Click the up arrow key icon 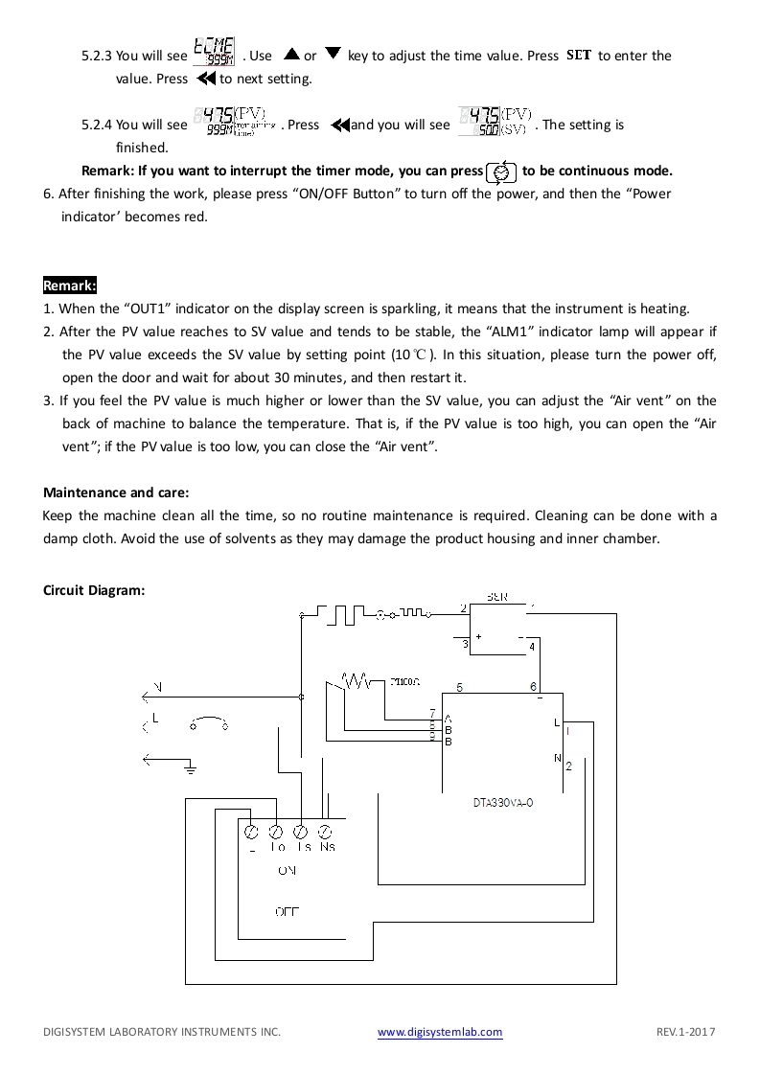pyautogui.click(x=292, y=55)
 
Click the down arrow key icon pyautogui.click(x=333, y=55)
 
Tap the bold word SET pyautogui.click(x=579, y=56)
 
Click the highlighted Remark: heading pyautogui.click(x=70, y=286)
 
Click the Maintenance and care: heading pyautogui.click(x=116, y=492)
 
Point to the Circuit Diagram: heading pyautogui.click(x=94, y=590)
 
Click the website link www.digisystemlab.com pyautogui.click(x=440, y=1032)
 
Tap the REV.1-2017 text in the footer pyautogui.click(x=686, y=1032)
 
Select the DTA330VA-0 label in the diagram pyautogui.click(x=503, y=803)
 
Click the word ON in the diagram pyautogui.click(x=287, y=871)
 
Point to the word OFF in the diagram pyautogui.click(x=287, y=912)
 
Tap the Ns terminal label pyautogui.click(x=327, y=847)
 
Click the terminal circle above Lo pyautogui.click(x=275, y=831)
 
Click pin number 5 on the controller pyautogui.click(x=460, y=687)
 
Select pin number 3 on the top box pyautogui.click(x=465, y=645)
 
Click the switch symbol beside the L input pyautogui.click(x=209, y=723)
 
